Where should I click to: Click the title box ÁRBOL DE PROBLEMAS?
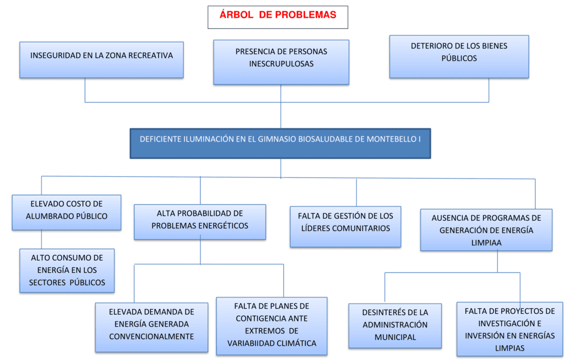pyautogui.click(x=278, y=17)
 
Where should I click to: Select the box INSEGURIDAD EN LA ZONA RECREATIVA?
pyautogui.click(x=101, y=60)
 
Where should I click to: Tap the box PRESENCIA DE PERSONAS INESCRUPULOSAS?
pyautogui.click(x=281, y=62)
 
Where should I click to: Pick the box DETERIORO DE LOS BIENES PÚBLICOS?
pyautogui.click(x=459, y=56)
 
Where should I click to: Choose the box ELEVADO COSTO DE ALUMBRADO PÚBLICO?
pyautogui.click(x=67, y=212)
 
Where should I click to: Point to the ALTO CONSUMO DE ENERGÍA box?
pyautogui.click(x=67, y=270)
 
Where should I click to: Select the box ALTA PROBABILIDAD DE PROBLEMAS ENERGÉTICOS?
pyautogui.click(x=200, y=222)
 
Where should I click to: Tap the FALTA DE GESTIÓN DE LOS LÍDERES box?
pyautogui.click(x=345, y=226)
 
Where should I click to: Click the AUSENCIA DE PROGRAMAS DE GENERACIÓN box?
pyautogui.click(x=486, y=230)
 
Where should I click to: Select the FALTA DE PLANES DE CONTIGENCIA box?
pyautogui.click(x=271, y=326)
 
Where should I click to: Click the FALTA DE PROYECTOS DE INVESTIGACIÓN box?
pyautogui.click(x=509, y=329)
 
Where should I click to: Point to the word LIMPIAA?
pyautogui.click(x=486, y=242)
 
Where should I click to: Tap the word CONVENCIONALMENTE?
pyautogui.click(x=151, y=336)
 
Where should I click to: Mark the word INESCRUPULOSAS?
pyautogui.click(x=281, y=64)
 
